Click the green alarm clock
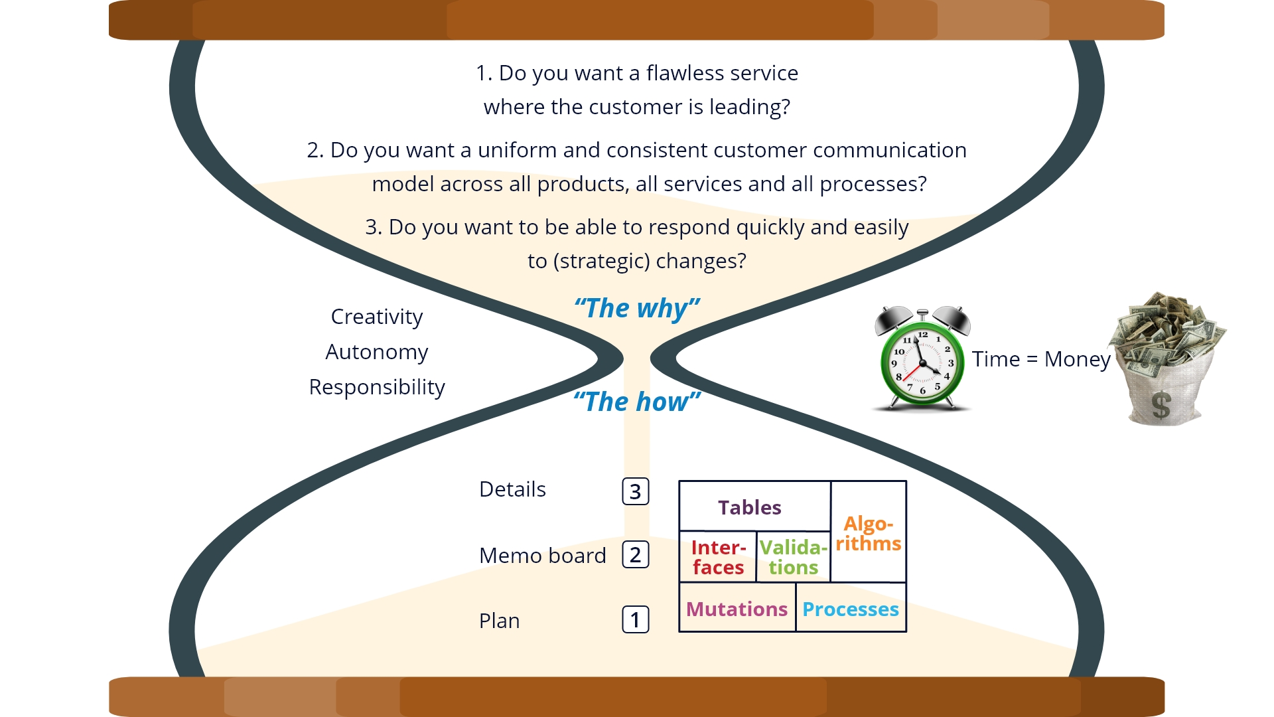(922, 358)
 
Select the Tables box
(755, 506)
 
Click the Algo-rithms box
(869, 532)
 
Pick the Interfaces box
(718, 557)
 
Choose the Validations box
(794, 557)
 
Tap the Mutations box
(737, 607)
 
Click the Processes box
(851, 607)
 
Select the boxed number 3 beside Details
(636, 491)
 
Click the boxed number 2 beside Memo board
(636, 554)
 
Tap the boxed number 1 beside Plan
(636, 619)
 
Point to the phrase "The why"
(637, 309)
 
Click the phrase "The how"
(637, 402)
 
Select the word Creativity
(377, 317)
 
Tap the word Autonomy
(377, 353)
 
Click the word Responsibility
(377, 388)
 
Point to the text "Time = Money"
(1041, 359)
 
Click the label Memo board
(543, 555)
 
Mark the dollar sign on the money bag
(1161, 405)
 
